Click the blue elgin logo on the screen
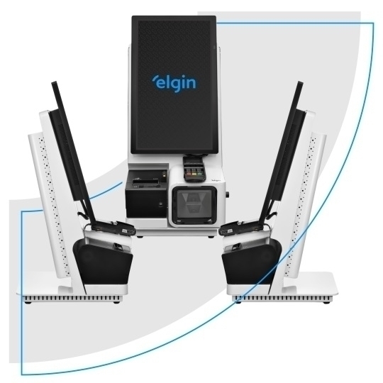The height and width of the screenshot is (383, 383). point(174,83)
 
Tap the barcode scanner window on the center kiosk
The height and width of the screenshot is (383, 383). point(194,204)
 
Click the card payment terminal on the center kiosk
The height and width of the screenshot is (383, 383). point(194,168)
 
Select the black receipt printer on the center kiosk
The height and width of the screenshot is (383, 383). point(146,194)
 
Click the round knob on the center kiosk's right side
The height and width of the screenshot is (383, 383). point(228,194)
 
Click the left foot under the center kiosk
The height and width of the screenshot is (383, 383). point(140,237)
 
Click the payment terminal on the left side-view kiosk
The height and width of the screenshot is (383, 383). point(113,227)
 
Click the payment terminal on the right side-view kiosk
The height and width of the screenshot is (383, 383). point(241,227)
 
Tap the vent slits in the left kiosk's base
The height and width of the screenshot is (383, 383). point(72,298)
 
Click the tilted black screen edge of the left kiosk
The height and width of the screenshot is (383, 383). point(73,152)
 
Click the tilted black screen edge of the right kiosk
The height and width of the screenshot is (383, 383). point(282,152)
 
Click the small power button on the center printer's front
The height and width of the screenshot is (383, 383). point(160,204)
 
